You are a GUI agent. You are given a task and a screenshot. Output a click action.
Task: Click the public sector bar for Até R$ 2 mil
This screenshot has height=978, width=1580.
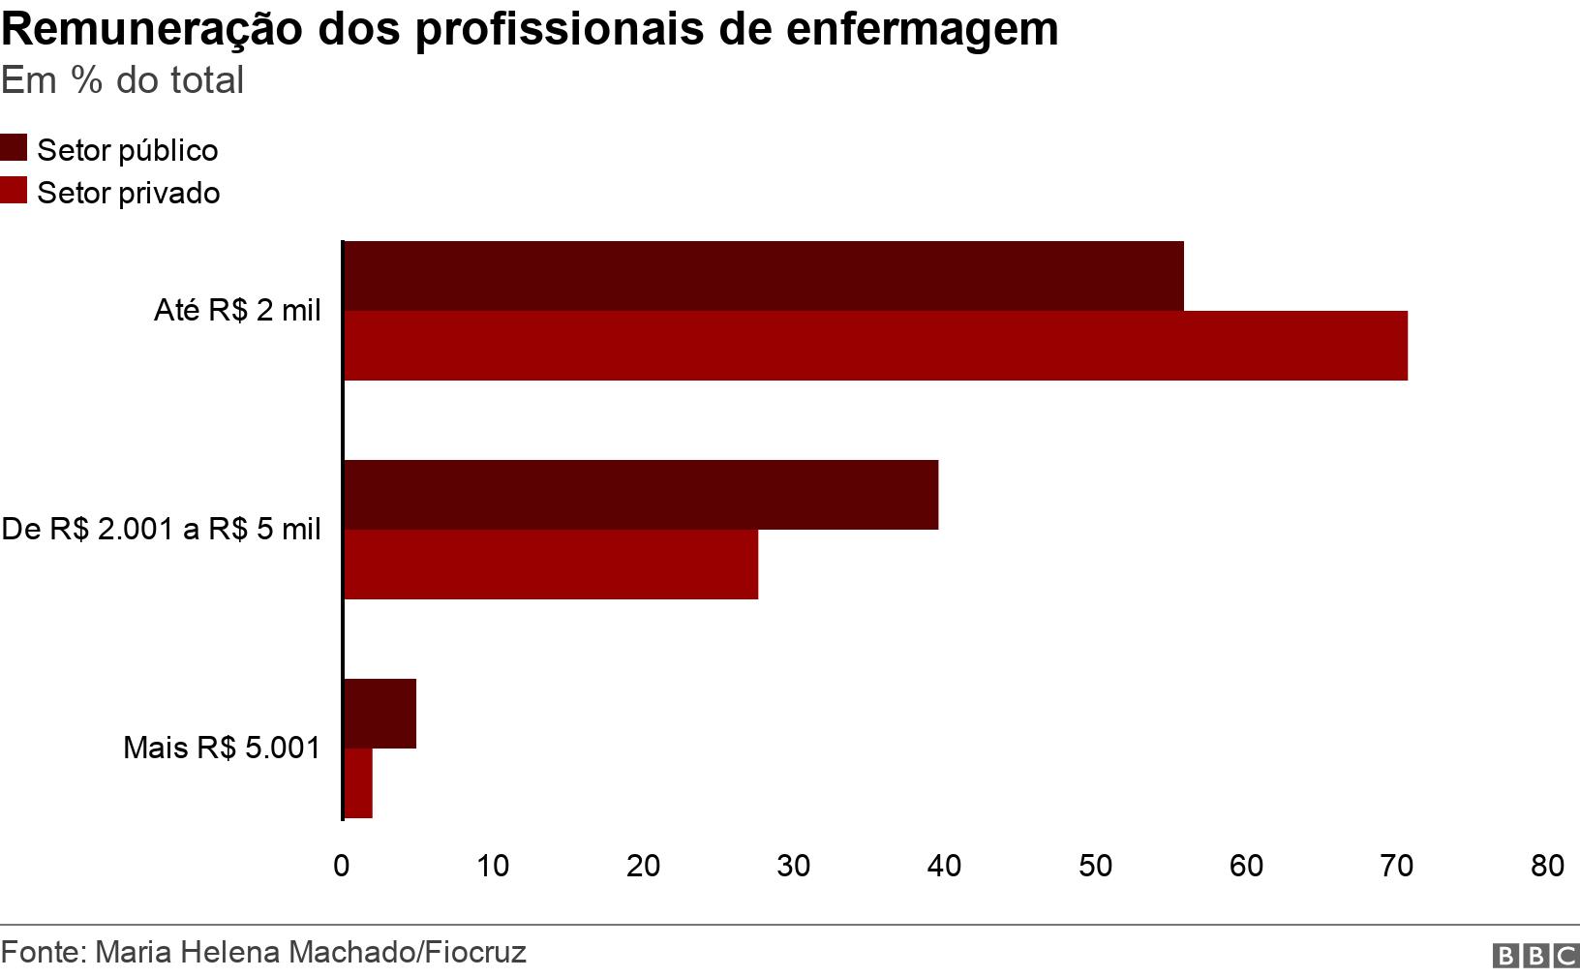coord(763,276)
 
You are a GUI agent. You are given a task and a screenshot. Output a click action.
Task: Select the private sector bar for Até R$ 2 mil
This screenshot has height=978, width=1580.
coord(875,346)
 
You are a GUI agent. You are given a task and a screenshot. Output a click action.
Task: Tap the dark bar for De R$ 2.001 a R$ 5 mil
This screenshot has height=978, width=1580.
coord(641,495)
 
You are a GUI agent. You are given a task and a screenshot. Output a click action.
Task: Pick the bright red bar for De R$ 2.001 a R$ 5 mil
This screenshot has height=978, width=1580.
coord(551,565)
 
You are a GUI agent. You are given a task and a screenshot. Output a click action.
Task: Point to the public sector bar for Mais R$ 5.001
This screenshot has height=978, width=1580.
coord(380,714)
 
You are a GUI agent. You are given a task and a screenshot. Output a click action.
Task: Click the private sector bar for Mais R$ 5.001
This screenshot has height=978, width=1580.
coord(358,783)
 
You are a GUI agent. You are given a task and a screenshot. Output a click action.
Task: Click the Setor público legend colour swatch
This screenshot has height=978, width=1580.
coord(14,148)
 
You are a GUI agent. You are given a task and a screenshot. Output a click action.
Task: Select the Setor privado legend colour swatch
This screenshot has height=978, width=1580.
coord(14,191)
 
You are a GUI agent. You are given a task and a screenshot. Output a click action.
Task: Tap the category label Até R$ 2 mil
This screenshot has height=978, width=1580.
coord(237,311)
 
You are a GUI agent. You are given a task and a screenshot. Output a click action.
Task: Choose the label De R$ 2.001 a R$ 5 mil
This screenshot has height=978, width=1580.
coord(161,530)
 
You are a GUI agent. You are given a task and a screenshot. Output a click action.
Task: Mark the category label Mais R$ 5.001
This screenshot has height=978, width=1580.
coord(222,749)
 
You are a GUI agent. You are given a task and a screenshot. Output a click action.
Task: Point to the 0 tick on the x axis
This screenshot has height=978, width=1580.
coord(342,866)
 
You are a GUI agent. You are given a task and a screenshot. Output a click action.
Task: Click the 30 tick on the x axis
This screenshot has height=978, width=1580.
coord(794,866)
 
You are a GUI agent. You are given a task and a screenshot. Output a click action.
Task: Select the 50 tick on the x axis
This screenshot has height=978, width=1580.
coord(1095,866)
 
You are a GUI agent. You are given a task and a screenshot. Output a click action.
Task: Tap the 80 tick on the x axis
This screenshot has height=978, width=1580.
coord(1547,866)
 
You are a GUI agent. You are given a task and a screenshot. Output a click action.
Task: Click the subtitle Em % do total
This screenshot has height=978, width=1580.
coord(123,80)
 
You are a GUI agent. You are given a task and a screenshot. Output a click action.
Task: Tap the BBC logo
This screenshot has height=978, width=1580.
coord(1535,957)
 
